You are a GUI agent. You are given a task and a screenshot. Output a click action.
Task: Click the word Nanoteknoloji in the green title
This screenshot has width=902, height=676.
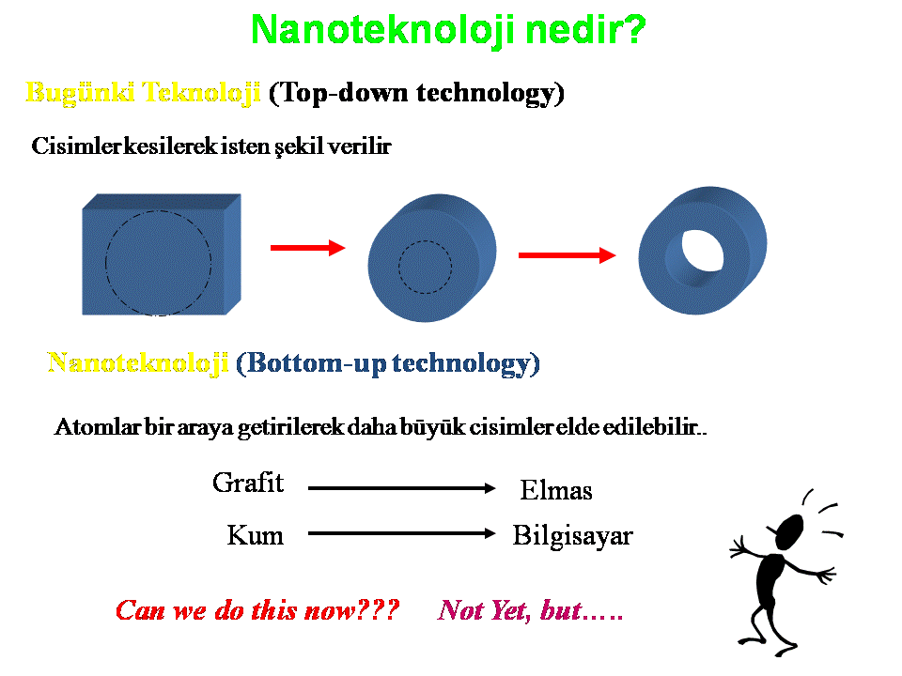pyautogui.click(x=382, y=30)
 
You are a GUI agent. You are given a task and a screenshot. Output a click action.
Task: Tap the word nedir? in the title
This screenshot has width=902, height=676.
pyautogui.click(x=585, y=29)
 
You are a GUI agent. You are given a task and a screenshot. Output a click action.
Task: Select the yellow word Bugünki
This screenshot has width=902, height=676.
pyautogui.click(x=81, y=93)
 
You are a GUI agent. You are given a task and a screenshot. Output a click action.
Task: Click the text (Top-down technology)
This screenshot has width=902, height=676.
pyautogui.click(x=416, y=93)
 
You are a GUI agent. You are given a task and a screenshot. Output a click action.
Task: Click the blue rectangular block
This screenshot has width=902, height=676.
pyautogui.click(x=162, y=254)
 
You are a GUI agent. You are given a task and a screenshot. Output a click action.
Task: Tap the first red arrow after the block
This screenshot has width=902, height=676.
pyautogui.click(x=308, y=248)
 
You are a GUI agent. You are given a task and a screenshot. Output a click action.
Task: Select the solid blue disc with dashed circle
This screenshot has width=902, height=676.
pyautogui.click(x=432, y=258)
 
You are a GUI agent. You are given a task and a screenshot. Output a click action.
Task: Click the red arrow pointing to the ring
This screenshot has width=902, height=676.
pyautogui.click(x=568, y=255)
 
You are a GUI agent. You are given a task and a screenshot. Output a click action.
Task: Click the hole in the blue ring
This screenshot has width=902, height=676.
pyautogui.click(x=702, y=251)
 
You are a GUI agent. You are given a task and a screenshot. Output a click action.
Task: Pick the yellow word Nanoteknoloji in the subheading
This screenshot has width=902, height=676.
pyautogui.click(x=138, y=363)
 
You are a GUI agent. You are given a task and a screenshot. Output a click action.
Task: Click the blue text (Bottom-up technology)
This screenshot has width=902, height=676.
pyautogui.click(x=388, y=363)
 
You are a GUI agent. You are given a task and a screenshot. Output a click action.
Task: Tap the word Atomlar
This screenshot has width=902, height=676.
pyautogui.click(x=97, y=427)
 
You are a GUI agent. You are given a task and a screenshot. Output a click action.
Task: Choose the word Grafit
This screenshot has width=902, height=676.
pyautogui.click(x=248, y=483)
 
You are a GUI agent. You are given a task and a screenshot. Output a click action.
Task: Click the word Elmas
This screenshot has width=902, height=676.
pyautogui.click(x=556, y=490)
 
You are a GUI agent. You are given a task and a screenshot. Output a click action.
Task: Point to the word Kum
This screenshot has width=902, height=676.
pyautogui.click(x=256, y=535)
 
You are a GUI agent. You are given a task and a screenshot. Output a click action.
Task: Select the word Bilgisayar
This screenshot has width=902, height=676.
pyautogui.click(x=573, y=536)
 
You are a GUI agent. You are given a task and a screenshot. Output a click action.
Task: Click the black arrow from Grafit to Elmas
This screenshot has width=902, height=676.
pyautogui.click(x=402, y=488)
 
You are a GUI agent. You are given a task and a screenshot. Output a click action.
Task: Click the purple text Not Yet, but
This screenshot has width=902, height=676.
pyautogui.click(x=530, y=610)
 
